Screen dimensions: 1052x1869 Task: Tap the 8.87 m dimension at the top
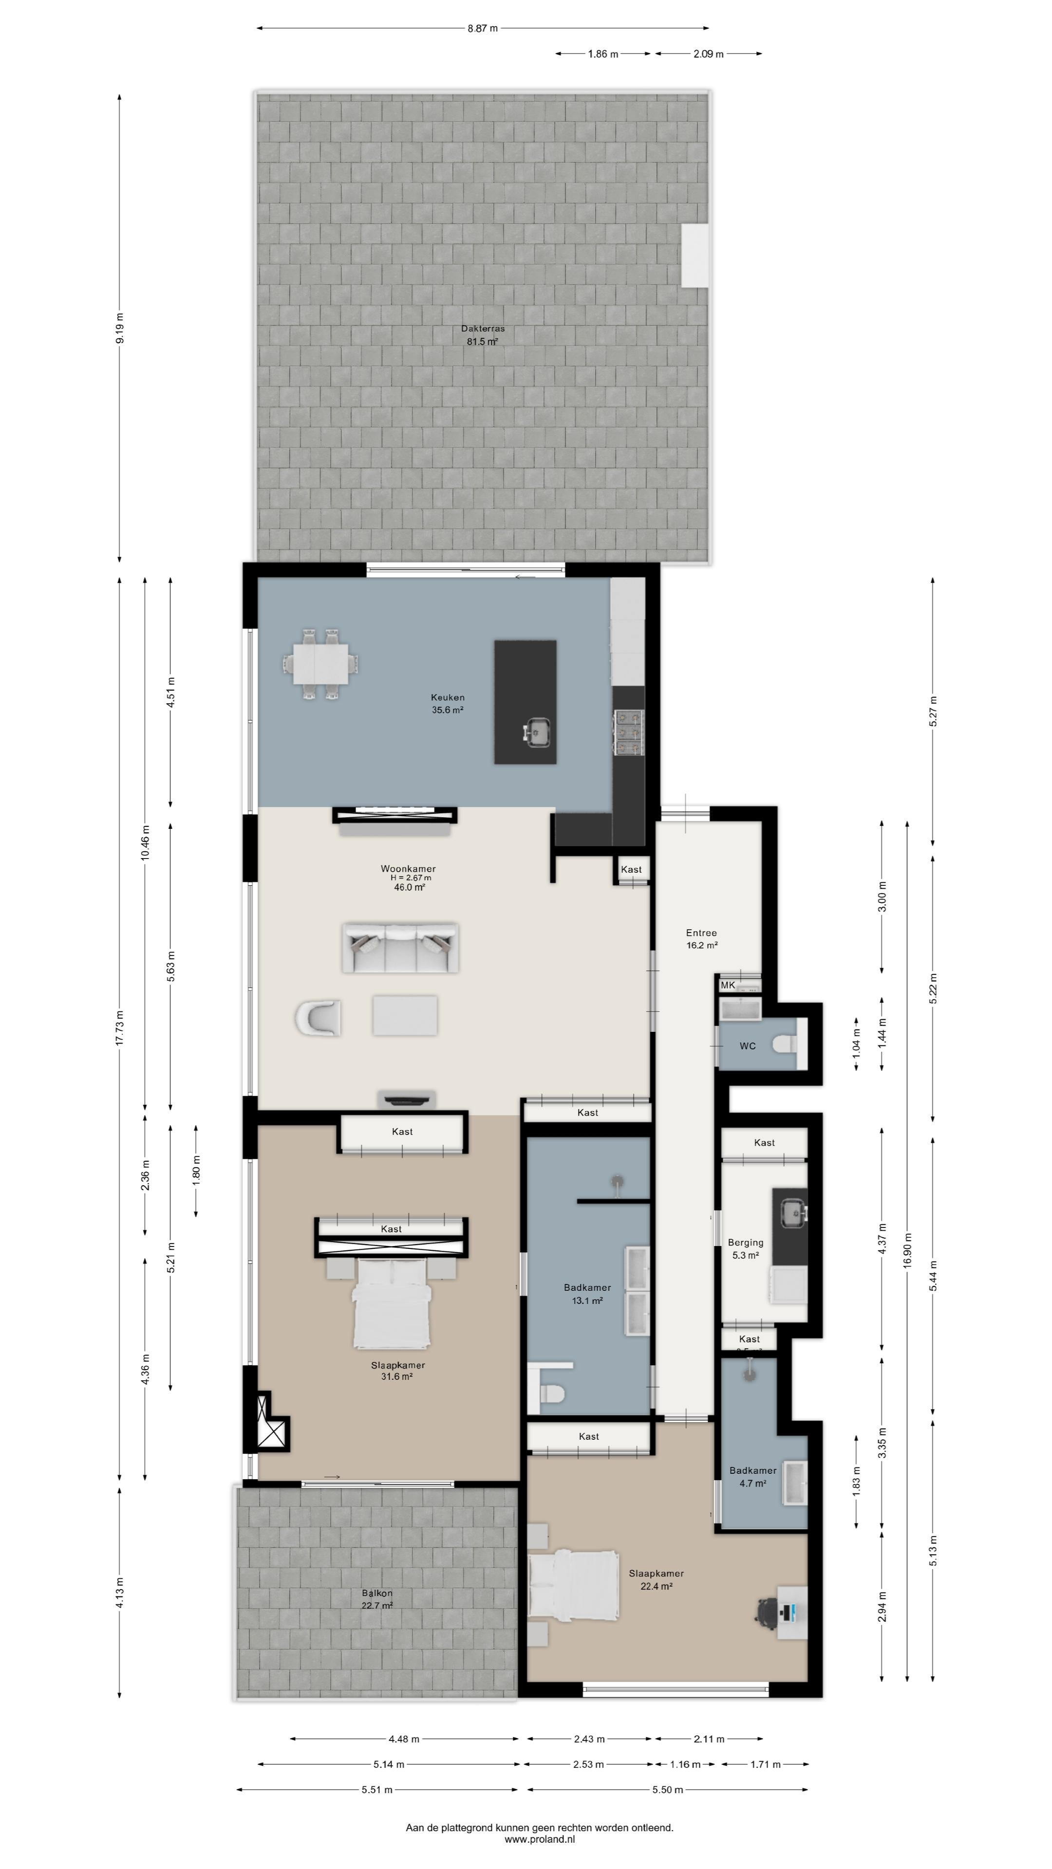pyautogui.click(x=483, y=28)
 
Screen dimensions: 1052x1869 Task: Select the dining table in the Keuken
pyautogui.click(x=320, y=664)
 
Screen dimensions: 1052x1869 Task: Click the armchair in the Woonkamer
pyautogui.click(x=318, y=1017)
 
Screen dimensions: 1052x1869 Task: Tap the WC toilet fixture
pyautogui.click(x=785, y=1044)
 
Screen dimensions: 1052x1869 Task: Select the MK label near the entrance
pyautogui.click(x=728, y=985)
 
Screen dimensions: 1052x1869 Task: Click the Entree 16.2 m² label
pyautogui.click(x=701, y=939)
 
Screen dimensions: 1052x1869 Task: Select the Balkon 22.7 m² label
pyautogui.click(x=377, y=1599)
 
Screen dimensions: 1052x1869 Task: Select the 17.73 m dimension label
pyautogui.click(x=120, y=1027)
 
